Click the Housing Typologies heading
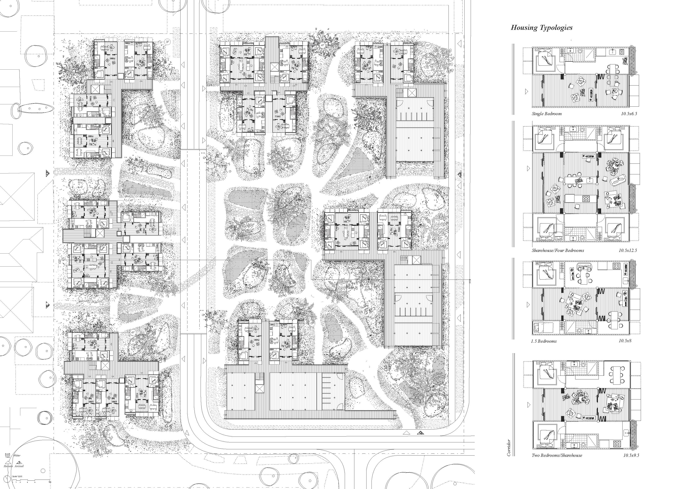(x=541, y=28)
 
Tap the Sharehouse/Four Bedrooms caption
(x=557, y=250)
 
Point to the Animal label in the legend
(x=19, y=466)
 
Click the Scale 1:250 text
(x=17, y=477)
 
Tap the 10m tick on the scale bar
(x=49, y=482)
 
